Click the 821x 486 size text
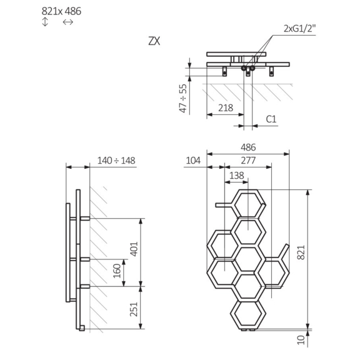[x=61, y=11]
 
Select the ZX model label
[x=154, y=41]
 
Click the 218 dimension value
[x=226, y=108]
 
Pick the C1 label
[x=271, y=119]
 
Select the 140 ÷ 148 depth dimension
[x=116, y=160]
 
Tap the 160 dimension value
[x=116, y=271]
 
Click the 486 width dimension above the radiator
[x=248, y=148]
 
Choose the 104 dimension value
[x=193, y=161]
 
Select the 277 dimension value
[x=248, y=161]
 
